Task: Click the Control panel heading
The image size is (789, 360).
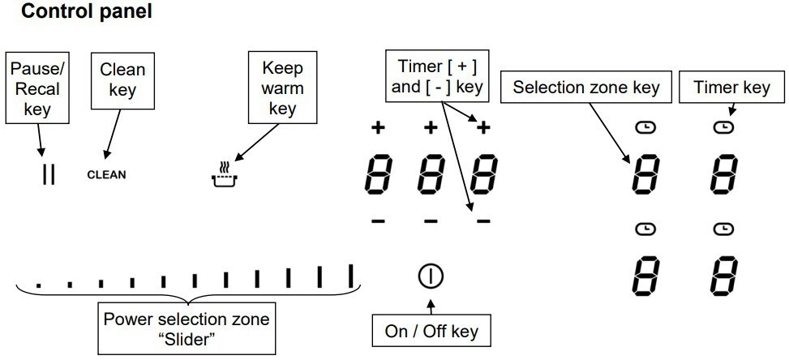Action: pyautogui.click(x=86, y=12)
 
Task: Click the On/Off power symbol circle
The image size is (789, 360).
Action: pyautogui.click(x=430, y=276)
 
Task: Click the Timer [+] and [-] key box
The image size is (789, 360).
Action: pyautogui.click(x=436, y=75)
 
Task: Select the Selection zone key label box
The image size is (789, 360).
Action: pyautogui.click(x=585, y=88)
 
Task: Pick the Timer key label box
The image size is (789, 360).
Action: pyautogui.click(x=731, y=88)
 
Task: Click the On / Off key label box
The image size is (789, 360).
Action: pyautogui.click(x=431, y=331)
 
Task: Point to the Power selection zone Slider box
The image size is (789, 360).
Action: pyautogui.click(x=187, y=328)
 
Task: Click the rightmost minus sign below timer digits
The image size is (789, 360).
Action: pyautogui.click(x=483, y=220)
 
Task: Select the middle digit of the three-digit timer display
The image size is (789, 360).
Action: pyautogui.click(x=431, y=174)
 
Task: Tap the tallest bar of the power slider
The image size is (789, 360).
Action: pyautogui.click(x=352, y=276)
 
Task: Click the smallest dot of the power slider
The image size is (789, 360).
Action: pyautogui.click(x=39, y=285)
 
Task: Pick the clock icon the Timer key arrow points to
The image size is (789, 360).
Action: pyautogui.click(x=723, y=127)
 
